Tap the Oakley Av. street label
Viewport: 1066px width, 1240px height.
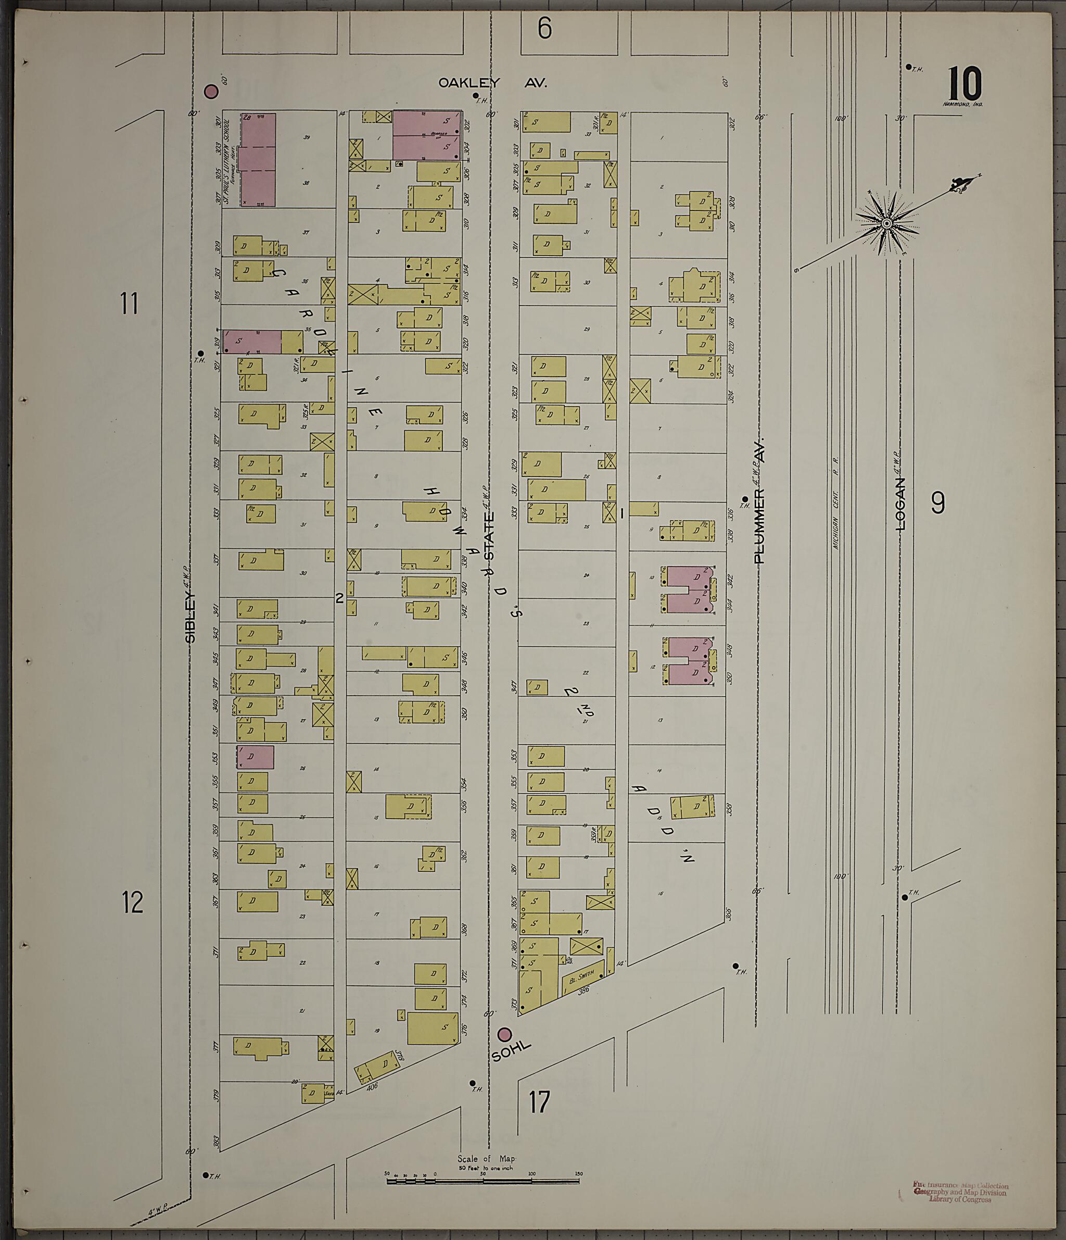(492, 83)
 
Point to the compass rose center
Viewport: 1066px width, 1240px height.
(887, 224)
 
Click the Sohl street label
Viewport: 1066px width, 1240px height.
(511, 1051)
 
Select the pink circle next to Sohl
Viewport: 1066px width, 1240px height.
(505, 1034)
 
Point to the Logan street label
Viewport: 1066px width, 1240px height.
(900, 504)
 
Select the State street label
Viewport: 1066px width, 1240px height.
(489, 535)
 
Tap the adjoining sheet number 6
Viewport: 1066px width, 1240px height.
(544, 28)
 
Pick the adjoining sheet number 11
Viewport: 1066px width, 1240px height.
(129, 304)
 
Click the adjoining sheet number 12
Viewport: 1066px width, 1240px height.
(133, 902)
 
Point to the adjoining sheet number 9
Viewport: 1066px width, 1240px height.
(937, 503)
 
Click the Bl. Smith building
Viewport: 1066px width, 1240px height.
(582, 976)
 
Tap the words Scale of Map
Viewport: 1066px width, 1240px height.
(486, 1159)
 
